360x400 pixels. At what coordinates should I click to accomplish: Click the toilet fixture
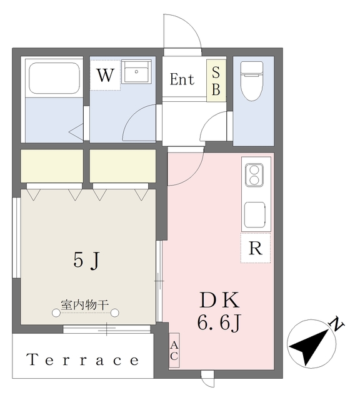254,81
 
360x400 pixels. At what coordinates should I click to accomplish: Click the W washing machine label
105,76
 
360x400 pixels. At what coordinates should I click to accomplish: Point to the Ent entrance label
182,80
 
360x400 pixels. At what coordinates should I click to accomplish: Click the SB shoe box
216,82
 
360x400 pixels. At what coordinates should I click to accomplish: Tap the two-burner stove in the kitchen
254,174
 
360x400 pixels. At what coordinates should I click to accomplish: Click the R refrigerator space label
255,248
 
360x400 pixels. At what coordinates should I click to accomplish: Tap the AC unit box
174,351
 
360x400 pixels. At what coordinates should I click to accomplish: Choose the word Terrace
82,360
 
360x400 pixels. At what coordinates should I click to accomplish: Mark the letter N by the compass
336,325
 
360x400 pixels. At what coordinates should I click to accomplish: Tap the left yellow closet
52,166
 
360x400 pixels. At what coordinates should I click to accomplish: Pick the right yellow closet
122,166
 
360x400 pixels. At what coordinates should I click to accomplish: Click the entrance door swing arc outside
182,31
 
